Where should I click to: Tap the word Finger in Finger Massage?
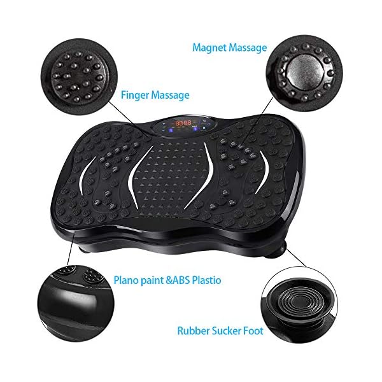click(137, 95)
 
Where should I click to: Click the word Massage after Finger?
click(172, 95)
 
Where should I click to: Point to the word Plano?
click(128, 279)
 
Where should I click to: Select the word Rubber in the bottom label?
click(192, 330)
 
